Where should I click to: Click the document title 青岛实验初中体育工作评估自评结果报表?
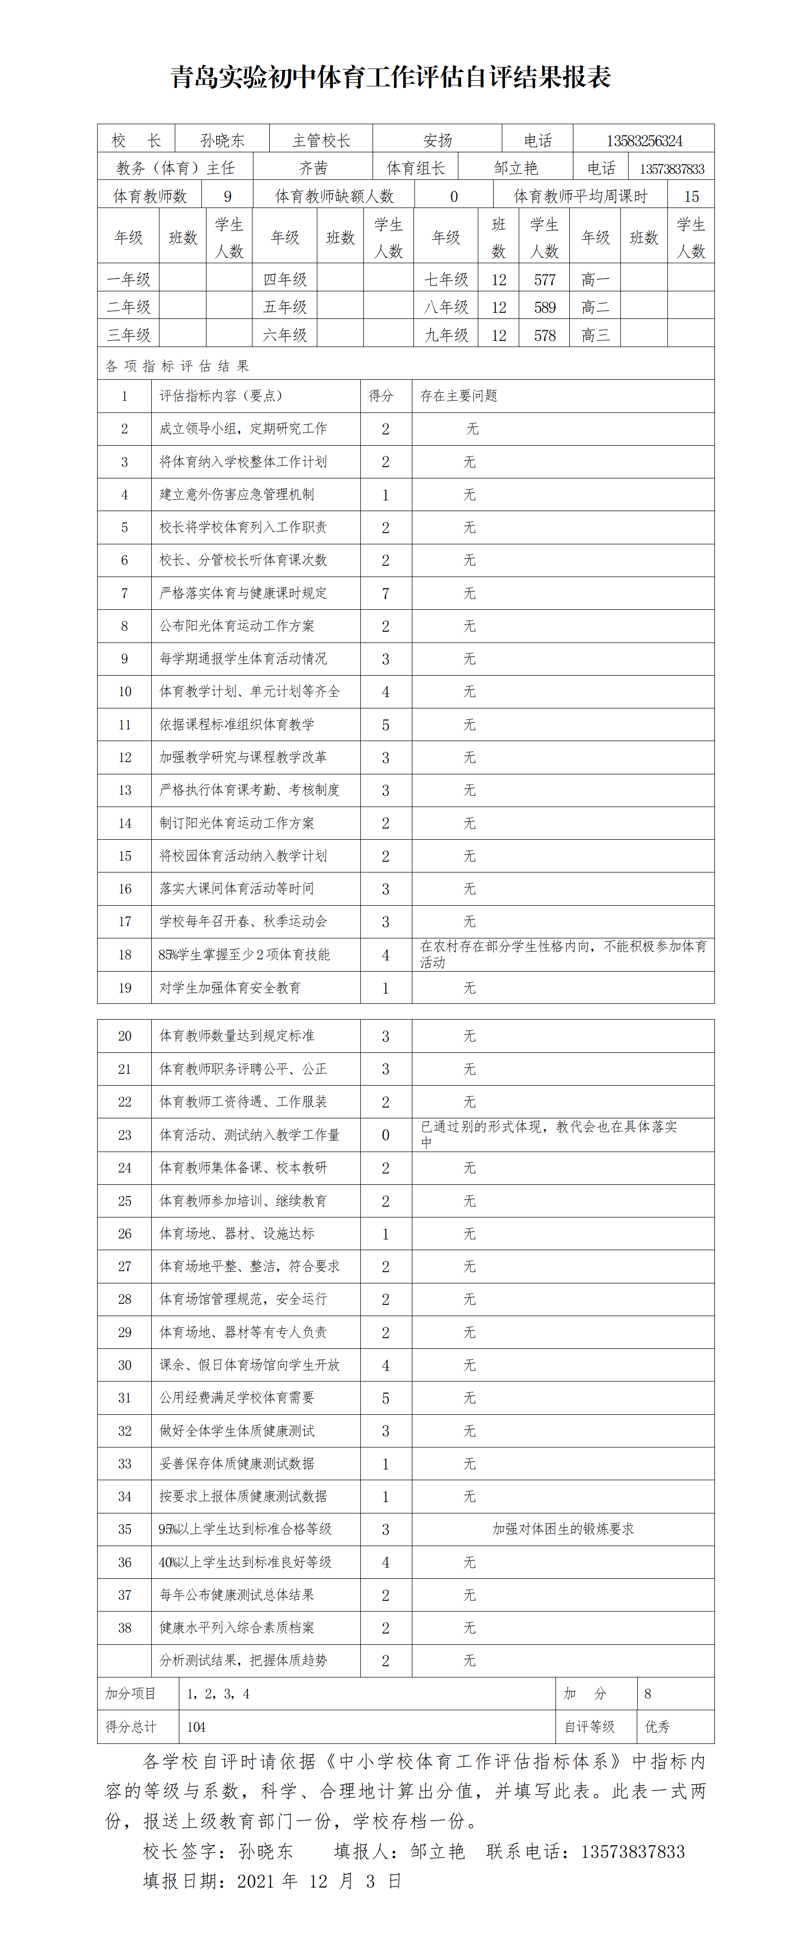pos(391,77)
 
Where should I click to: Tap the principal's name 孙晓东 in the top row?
pos(222,141)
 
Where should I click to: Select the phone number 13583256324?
pos(643,141)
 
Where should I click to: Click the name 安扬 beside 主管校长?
pos(438,141)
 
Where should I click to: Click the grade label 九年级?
pos(446,334)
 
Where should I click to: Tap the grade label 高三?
pos(595,334)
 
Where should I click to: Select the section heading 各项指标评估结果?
pos(177,365)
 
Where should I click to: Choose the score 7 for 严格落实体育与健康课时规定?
pos(385,593)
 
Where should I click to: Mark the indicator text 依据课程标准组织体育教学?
pos(236,724)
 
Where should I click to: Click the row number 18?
pos(124,955)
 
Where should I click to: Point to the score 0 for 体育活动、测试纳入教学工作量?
pos(385,1135)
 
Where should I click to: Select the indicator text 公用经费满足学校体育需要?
pos(236,1397)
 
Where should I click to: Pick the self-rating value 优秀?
pos(657,1727)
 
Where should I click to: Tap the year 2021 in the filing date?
pos(255,1881)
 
